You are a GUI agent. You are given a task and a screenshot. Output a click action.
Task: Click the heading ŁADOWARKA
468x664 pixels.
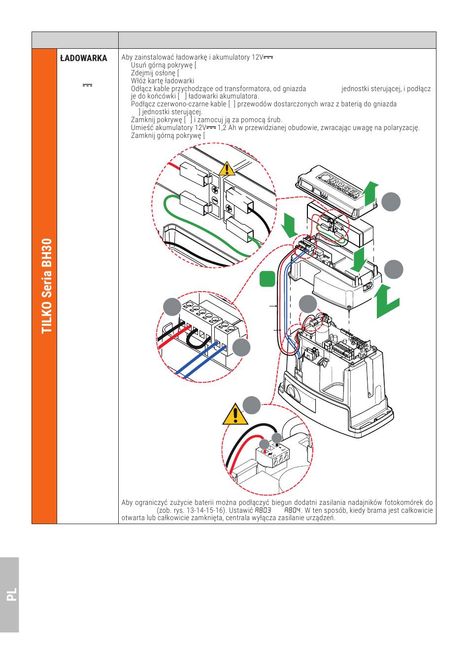[83, 58]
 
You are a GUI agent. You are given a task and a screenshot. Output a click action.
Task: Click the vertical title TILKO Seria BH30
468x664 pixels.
[47, 286]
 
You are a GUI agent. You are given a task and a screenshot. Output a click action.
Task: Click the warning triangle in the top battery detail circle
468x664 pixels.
[227, 168]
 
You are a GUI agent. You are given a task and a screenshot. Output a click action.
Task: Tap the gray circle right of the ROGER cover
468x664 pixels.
[391, 201]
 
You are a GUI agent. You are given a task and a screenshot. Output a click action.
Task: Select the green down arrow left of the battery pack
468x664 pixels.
[289, 225]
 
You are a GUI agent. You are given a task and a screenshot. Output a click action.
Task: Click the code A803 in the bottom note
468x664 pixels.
[263, 510]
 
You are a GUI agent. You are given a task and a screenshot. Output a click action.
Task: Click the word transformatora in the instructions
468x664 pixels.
[250, 89]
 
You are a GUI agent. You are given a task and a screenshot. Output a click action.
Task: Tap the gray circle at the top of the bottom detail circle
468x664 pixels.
[251, 405]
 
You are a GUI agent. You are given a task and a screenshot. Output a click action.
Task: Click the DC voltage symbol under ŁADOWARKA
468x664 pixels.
[87, 85]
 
